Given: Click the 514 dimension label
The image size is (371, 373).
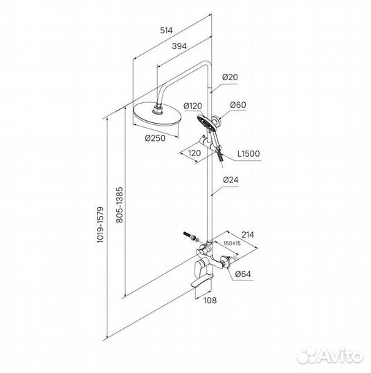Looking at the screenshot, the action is tap(166, 30).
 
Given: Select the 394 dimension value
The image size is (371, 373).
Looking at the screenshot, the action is tap(179, 46).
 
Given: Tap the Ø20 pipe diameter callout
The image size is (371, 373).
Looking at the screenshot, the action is tap(230, 77).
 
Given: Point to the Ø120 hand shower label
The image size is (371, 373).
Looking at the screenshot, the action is tap(193, 106).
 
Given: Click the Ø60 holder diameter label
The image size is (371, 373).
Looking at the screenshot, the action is tap(238, 105).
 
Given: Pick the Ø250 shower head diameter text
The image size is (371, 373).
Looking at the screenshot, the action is tap(155, 138).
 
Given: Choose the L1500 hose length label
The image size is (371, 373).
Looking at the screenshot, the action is tap(248, 153).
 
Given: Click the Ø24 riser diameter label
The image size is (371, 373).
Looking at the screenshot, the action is tap(230, 180).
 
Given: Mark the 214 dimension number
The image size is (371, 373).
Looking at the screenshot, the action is tap(248, 235).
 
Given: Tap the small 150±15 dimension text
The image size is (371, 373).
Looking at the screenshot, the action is tap(233, 243).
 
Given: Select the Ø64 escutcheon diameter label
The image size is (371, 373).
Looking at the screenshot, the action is tap(243, 274).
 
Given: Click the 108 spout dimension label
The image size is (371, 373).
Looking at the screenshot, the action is tap(210, 300).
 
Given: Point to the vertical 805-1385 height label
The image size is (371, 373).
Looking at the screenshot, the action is tap(120, 205).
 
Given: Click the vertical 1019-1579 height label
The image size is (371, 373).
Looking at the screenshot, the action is tap(101, 224).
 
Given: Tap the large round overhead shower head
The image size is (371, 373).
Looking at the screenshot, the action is tap(156, 115).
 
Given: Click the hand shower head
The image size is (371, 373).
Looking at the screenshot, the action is tap(204, 122).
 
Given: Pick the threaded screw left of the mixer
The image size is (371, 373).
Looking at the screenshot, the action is tap(188, 235).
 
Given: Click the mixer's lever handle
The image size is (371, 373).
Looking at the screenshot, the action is tap(199, 269).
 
